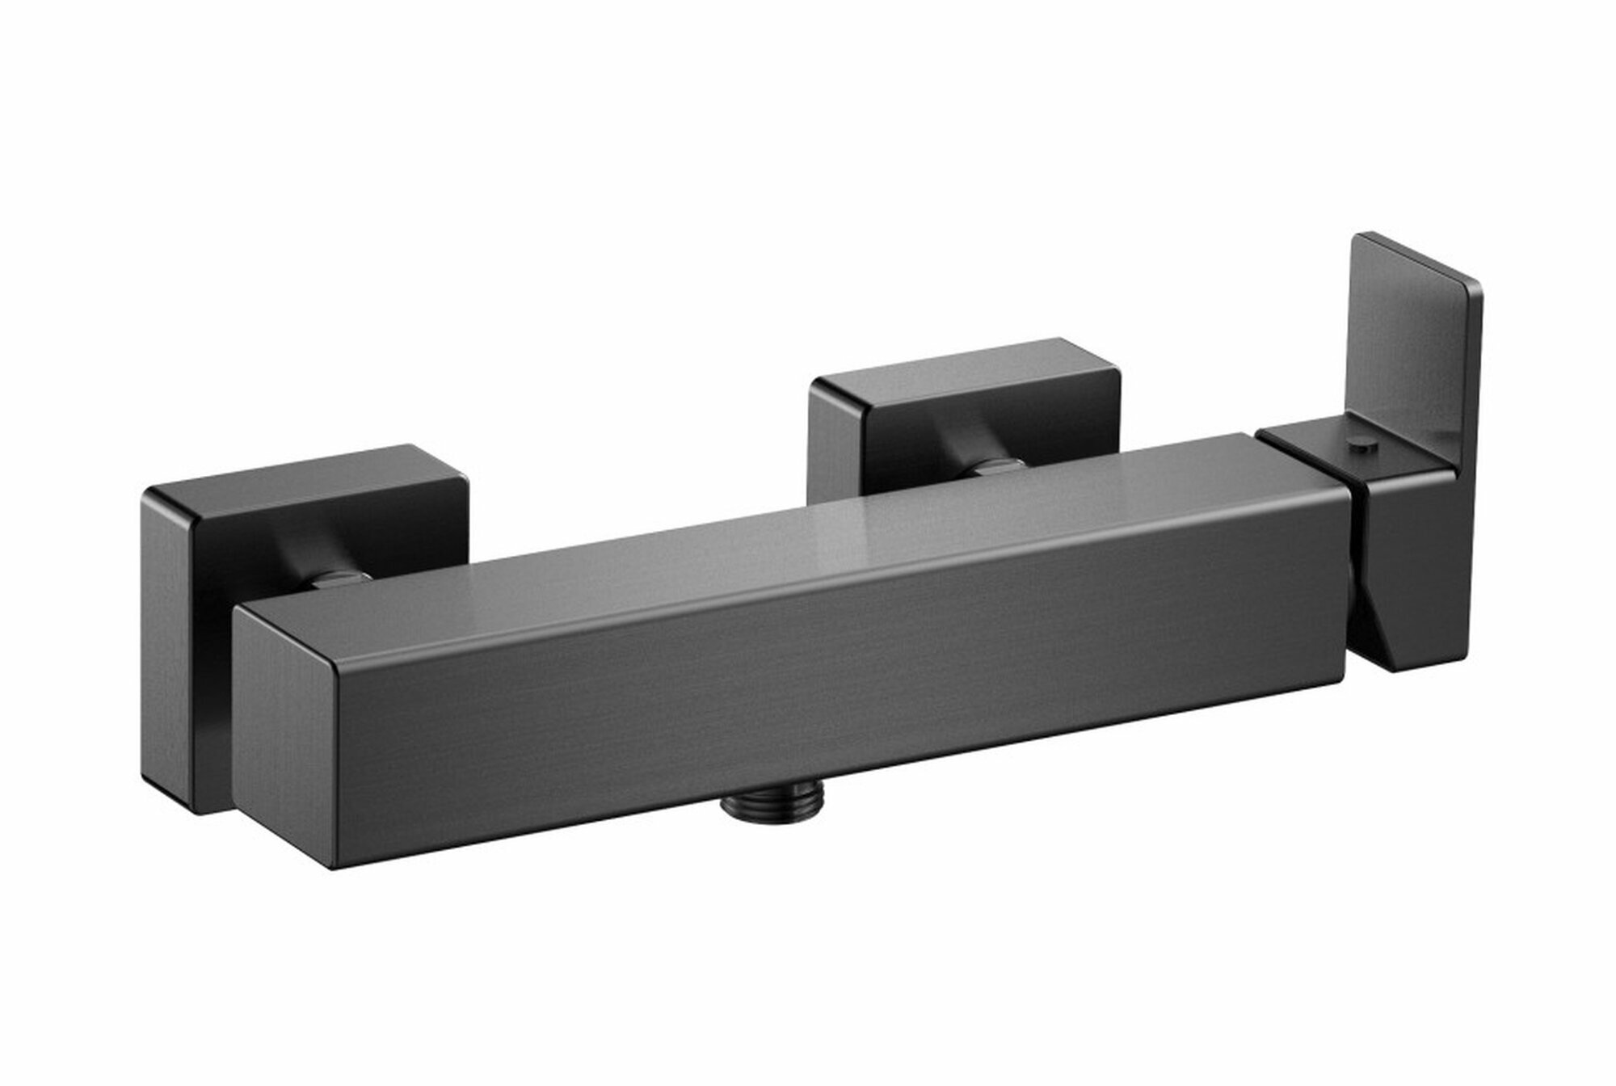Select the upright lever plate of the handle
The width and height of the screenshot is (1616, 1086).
1410,347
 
